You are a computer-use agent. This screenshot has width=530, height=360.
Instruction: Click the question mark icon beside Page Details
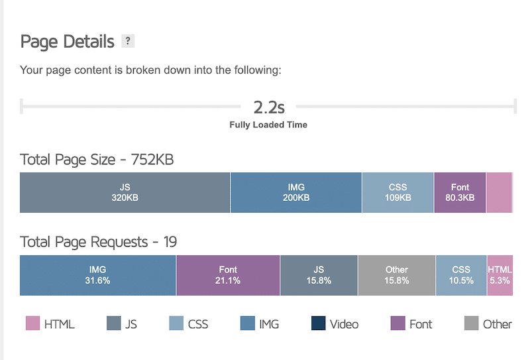[128, 42]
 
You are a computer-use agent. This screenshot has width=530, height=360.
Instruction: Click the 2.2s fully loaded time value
[268, 106]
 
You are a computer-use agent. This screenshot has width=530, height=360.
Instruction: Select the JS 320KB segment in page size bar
[125, 192]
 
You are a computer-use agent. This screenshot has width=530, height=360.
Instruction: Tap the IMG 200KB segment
[296, 192]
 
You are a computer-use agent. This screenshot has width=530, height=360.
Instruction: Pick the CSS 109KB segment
[398, 192]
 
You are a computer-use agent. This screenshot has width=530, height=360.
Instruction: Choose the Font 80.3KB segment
[460, 192]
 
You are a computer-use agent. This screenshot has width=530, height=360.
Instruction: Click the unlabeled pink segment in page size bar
[500, 192]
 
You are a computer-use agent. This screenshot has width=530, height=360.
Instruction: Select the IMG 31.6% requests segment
[98, 275]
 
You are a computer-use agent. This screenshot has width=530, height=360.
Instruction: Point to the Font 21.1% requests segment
[228, 275]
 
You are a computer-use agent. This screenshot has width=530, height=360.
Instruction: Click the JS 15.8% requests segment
[319, 275]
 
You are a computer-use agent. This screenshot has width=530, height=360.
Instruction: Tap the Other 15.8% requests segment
[397, 275]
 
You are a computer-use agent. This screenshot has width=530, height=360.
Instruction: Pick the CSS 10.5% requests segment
[461, 275]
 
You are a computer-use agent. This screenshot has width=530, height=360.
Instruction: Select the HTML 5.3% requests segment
[500, 275]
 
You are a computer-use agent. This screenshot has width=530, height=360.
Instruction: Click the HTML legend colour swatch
[33, 324]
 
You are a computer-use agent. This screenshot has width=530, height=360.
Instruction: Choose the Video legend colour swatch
[318, 324]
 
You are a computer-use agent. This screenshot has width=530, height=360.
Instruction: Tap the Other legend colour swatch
[471, 324]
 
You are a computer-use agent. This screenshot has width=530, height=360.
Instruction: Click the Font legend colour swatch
[398, 324]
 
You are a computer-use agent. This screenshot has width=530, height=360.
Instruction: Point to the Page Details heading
[66, 42]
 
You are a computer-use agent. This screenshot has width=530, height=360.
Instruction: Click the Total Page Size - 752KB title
[97, 160]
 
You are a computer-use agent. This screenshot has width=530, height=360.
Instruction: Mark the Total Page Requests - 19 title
[99, 242]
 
